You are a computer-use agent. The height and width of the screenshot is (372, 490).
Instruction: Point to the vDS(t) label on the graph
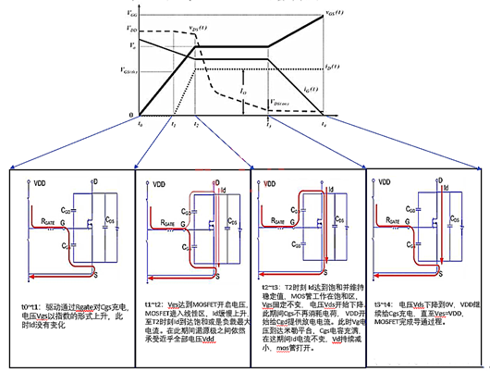195,30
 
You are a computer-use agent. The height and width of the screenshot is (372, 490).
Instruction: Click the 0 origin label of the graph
131,113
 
